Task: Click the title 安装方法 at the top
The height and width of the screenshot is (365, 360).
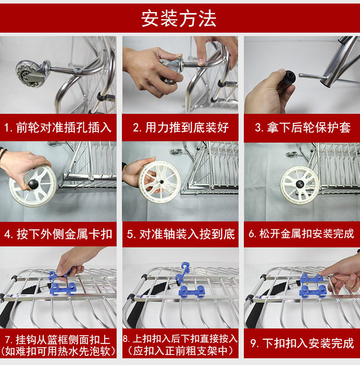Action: coord(179,19)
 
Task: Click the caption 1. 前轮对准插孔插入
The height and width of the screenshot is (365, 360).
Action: coord(58,128)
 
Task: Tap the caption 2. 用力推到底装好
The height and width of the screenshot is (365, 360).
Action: coord(180,128)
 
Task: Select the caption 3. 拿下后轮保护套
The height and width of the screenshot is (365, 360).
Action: coord(302,128)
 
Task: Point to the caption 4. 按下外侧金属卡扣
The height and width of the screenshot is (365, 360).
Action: coord(58,234)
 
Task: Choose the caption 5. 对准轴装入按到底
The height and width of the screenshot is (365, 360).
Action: coord(181,234)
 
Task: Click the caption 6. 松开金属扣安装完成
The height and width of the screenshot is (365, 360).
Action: coord(301,233)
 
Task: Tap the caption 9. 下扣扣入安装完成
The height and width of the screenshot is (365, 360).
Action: coord(302,343)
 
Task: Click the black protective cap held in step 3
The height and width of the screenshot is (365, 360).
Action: coord(288,78)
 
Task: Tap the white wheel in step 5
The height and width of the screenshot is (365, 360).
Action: coord(159,182)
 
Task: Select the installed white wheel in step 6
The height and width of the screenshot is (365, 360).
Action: coord(300,185)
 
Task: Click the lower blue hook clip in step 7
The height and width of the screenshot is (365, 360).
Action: coord(63,289)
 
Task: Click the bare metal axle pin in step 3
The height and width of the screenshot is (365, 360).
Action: coord(310,76)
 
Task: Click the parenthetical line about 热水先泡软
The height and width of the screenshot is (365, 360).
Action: coord(58,351)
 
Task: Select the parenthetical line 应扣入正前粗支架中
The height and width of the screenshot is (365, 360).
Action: coord(180,351)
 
